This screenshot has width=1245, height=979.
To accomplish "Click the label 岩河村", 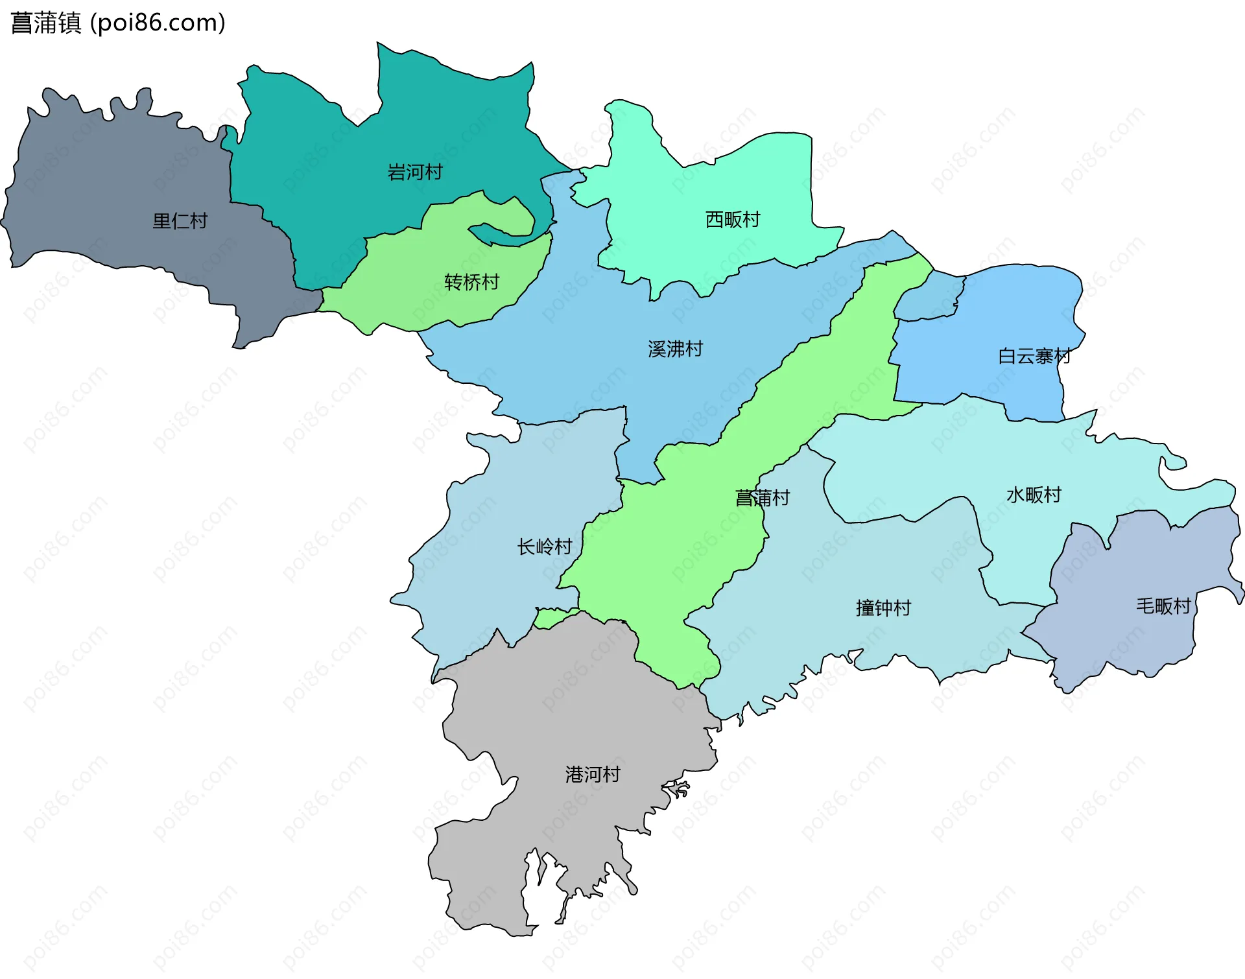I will click(x=415, y=172).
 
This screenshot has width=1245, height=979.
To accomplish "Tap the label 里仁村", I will click(x=180, y=221).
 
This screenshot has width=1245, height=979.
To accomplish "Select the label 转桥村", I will click(x=471, y=282).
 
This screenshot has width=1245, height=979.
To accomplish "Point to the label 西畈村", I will click(x=733, y=220).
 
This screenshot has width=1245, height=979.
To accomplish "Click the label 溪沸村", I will click(x=675, y=349).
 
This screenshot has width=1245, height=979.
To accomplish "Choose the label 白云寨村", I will click(x=1034, y=356).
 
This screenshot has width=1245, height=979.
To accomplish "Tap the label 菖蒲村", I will click(x=762, y=498).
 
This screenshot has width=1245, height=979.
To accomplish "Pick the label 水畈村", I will click(x=1034, y=495).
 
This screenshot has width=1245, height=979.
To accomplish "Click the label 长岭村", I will click(x=544, y=547).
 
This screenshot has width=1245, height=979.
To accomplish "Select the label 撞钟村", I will click(x=883, y=608).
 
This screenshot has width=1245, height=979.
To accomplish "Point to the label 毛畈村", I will click(x=1163, y=606).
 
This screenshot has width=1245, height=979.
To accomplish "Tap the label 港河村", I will click(x=593, y=774).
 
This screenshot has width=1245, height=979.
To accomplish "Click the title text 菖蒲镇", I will click(x=45, y=23).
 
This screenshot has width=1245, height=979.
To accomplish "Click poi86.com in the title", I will click(x=158, y=23).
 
